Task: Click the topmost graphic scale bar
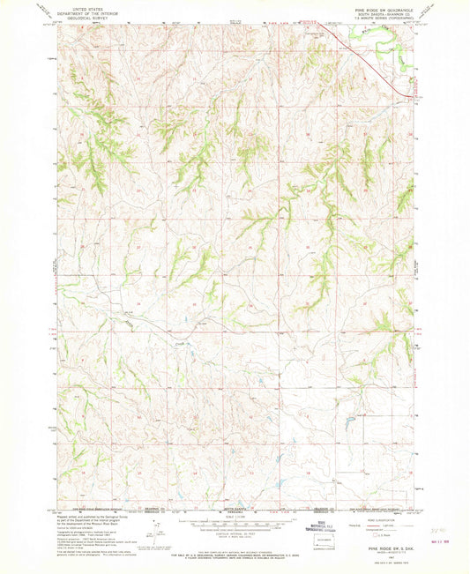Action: tap(235, 522)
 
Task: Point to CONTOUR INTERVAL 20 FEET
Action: tap(235, 535)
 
